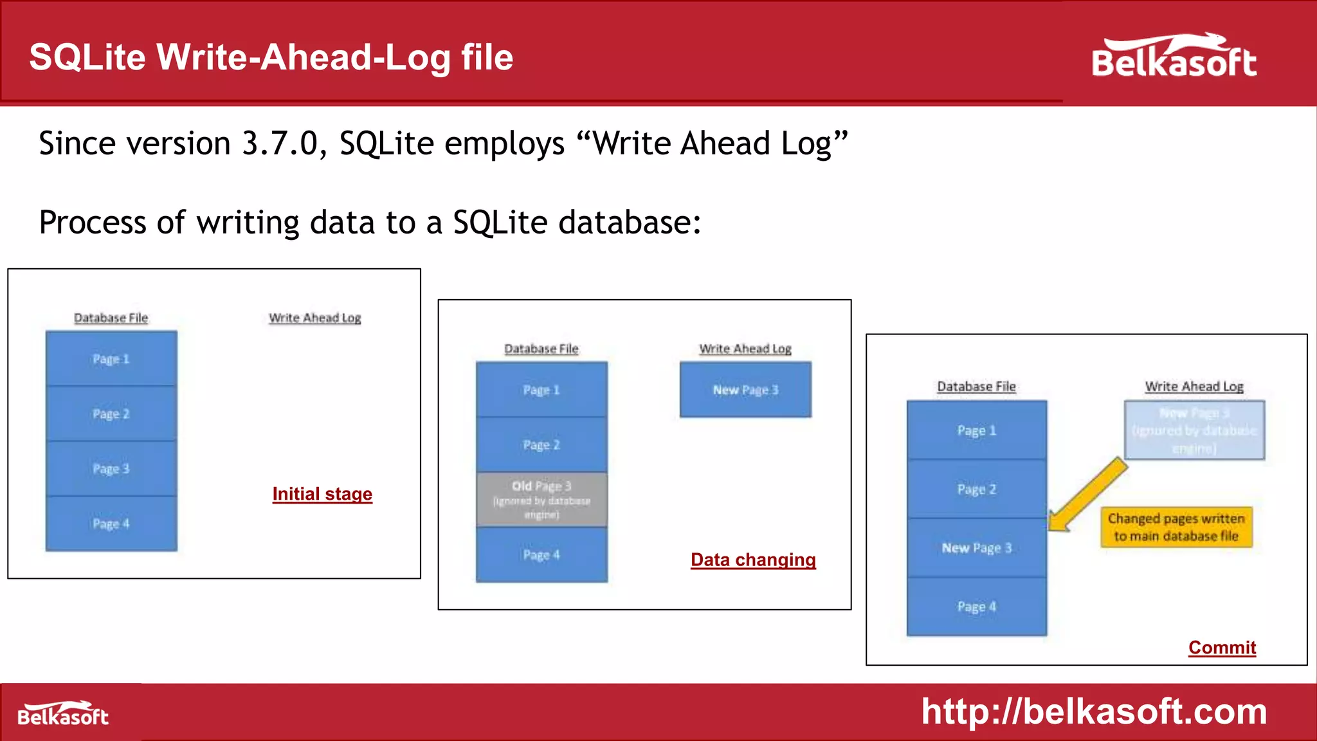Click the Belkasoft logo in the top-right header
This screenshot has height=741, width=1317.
tap(1174, 57)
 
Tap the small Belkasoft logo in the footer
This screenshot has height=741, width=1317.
tap(63, 714)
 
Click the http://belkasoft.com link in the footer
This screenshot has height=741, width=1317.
tap(1094, 712)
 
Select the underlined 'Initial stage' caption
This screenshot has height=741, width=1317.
tap(322, 494)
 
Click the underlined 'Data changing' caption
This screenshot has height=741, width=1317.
tap(753, 560)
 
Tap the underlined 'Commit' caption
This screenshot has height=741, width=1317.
tap(1222, 648)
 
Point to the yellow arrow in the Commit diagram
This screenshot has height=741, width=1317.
tap(1087, 495)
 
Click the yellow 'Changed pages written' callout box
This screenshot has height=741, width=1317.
tap(1176, 527)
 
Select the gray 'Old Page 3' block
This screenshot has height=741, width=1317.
tap(541, 500)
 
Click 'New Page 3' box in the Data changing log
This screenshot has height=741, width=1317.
tap(745, 390)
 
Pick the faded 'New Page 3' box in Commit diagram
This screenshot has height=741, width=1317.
tap(1194, 430)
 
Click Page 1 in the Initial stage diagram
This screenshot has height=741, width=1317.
tap(111, 359)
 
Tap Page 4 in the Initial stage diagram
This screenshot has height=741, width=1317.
tap(111, 524)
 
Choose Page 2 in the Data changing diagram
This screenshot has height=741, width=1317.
tap(541, 444)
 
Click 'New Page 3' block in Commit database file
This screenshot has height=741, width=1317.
tap(976, 548)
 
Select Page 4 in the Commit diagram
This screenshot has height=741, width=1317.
tap(976, 607)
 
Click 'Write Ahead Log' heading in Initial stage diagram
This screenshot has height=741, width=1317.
tap(315, 318)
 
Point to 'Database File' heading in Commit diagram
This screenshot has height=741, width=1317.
tap(976, 387)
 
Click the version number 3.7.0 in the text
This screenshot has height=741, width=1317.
tap(280, 143)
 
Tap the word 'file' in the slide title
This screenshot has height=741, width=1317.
tap(487, 58)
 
